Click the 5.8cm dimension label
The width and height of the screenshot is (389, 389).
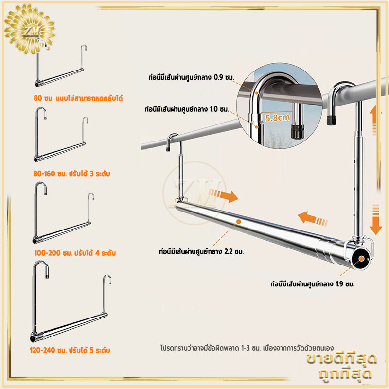[278, 117]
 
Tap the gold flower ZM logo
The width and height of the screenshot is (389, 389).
[30, 29]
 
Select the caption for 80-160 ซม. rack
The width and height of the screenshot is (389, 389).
[71, 174]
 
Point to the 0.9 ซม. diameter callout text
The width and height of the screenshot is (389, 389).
[191, 77]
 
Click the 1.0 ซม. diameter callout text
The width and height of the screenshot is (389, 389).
[187, 109]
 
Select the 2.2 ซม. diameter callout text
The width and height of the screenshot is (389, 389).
[201, 251]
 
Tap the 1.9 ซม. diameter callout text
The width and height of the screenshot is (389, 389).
[312, 284]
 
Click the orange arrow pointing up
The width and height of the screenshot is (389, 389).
[375, 120]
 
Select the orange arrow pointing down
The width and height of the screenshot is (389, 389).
[375, 220]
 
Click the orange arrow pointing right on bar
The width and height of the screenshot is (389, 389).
[223, 196]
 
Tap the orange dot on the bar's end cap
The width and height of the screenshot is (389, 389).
[361, 259]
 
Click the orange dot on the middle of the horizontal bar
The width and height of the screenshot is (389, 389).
[239, 222]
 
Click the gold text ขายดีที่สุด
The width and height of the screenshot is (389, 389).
[342, 359]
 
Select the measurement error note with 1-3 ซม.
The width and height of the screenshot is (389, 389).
[247, 348]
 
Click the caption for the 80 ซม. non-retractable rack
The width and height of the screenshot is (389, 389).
[78, 98]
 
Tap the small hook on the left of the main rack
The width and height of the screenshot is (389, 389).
[172, 142]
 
